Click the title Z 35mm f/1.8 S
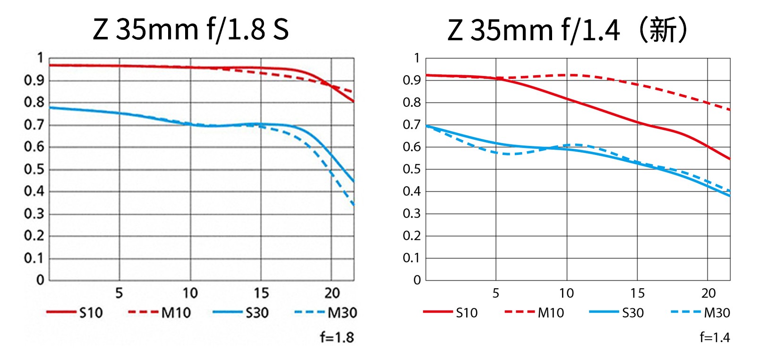[190, 29]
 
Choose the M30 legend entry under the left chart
[326, 313]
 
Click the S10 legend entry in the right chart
[451, 313]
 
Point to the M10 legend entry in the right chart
[534, 313]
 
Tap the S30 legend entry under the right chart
[617, 313]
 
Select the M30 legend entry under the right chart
[701, 313]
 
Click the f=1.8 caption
[337, 337]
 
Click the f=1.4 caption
[715, 337]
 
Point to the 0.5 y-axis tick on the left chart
[34, 169]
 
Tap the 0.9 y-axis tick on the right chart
[412, 80]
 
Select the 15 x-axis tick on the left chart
[261, 293]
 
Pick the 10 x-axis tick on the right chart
[566, 293]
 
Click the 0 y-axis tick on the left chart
[40, 280]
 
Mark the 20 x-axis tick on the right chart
[708, 293]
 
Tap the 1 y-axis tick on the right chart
[417, 58]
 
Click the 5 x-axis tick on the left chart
[119, 293]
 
